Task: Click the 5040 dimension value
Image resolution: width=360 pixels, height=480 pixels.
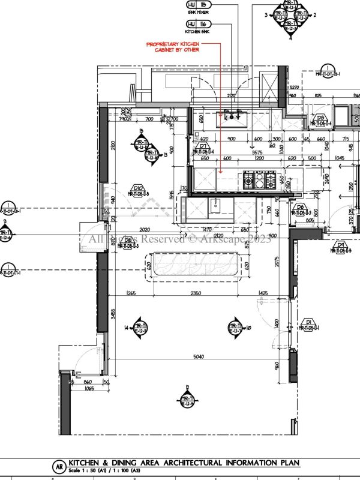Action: [199, 356]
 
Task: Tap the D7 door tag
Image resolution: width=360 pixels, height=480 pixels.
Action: [203, 146]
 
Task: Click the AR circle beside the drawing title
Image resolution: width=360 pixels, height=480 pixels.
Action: [59, 466]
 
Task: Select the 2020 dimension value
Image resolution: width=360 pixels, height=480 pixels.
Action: [127, 230]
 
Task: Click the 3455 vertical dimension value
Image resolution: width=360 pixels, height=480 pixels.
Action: [114, 313]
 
